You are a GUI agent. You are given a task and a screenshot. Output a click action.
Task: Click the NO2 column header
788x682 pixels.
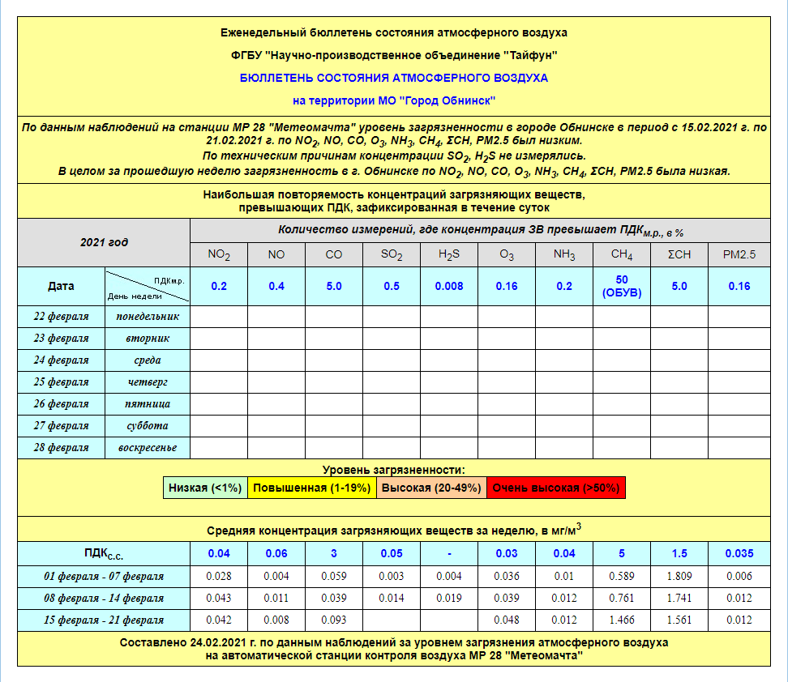click(219, 255)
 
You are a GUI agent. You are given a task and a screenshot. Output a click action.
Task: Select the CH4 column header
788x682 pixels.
click(622, 255)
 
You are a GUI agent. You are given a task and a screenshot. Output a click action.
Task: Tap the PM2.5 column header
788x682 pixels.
click(739, 255)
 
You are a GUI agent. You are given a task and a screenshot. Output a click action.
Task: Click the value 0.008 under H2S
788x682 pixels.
click(449, 286)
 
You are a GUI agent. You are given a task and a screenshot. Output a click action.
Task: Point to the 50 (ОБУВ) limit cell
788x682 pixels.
click(622, 286)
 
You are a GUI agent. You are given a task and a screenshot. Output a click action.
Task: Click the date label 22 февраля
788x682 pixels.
click(62, 316)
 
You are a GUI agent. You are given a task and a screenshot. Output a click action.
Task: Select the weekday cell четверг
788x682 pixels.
click(147, 381)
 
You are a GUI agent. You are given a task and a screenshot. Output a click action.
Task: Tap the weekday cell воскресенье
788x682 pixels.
click(147, 447)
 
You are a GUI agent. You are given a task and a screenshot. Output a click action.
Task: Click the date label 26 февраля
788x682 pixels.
click(62, 403)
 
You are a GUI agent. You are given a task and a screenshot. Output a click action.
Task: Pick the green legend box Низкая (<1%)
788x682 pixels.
click(205, 488)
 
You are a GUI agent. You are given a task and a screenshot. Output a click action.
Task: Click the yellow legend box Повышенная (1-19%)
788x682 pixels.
click(311, 488)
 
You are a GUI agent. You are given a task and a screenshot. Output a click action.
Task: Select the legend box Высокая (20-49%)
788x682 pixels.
click(430, 488)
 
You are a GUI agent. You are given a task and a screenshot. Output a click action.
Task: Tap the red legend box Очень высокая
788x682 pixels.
click(555, 488)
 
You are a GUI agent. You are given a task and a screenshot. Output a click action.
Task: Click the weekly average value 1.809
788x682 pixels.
click(679, 576)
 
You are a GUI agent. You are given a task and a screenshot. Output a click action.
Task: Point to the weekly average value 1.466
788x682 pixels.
click(622, 620)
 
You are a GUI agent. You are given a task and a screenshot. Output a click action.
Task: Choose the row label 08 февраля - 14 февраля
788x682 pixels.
click(104, 598)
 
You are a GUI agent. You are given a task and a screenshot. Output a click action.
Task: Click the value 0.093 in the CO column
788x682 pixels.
click(334, 620)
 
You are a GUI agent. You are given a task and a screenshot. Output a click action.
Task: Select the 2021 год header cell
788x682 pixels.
click(104, 241)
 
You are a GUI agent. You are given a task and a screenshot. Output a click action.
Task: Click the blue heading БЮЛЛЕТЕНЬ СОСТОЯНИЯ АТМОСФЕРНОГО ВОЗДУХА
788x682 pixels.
click(394, 78)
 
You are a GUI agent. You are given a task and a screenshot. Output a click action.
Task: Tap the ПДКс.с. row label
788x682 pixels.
click(104, 554)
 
